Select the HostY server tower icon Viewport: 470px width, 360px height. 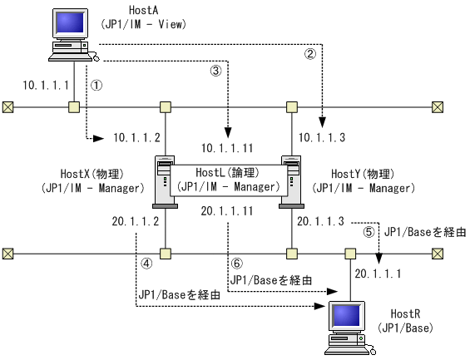click(x=291, y=179)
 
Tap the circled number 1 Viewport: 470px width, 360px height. click(x=96, y=86)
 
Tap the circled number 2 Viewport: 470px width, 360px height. click(x=310, y=56)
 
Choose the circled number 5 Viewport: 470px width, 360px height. click(x=369, y=234)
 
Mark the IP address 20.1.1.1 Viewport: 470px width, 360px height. click(x=378, y=273)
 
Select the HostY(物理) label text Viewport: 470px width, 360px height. click(x=362, y=175)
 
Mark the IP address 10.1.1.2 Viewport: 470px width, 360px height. click(x=136, y=136)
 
